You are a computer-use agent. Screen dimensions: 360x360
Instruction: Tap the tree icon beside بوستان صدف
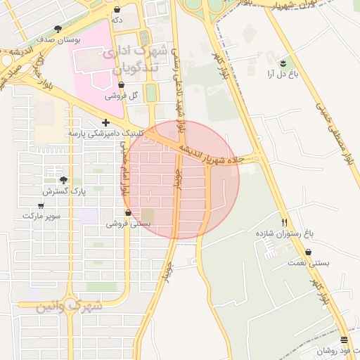[58, 29]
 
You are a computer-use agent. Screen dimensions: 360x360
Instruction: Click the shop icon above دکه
[117, 10]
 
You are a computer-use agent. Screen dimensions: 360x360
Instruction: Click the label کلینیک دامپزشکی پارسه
[105, 132]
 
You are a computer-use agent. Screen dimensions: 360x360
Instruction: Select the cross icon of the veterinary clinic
[105, 122]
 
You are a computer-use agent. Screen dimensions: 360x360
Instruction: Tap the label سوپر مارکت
[41, 215]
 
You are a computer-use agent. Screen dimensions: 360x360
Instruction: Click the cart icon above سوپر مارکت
[41, 205]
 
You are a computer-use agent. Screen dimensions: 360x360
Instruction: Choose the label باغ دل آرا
[283, 72]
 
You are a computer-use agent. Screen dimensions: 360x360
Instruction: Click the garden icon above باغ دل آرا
[283, 62]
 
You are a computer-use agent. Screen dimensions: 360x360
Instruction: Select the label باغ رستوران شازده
[284, 232]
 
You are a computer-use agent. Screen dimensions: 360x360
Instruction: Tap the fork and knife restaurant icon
[284, 221]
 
